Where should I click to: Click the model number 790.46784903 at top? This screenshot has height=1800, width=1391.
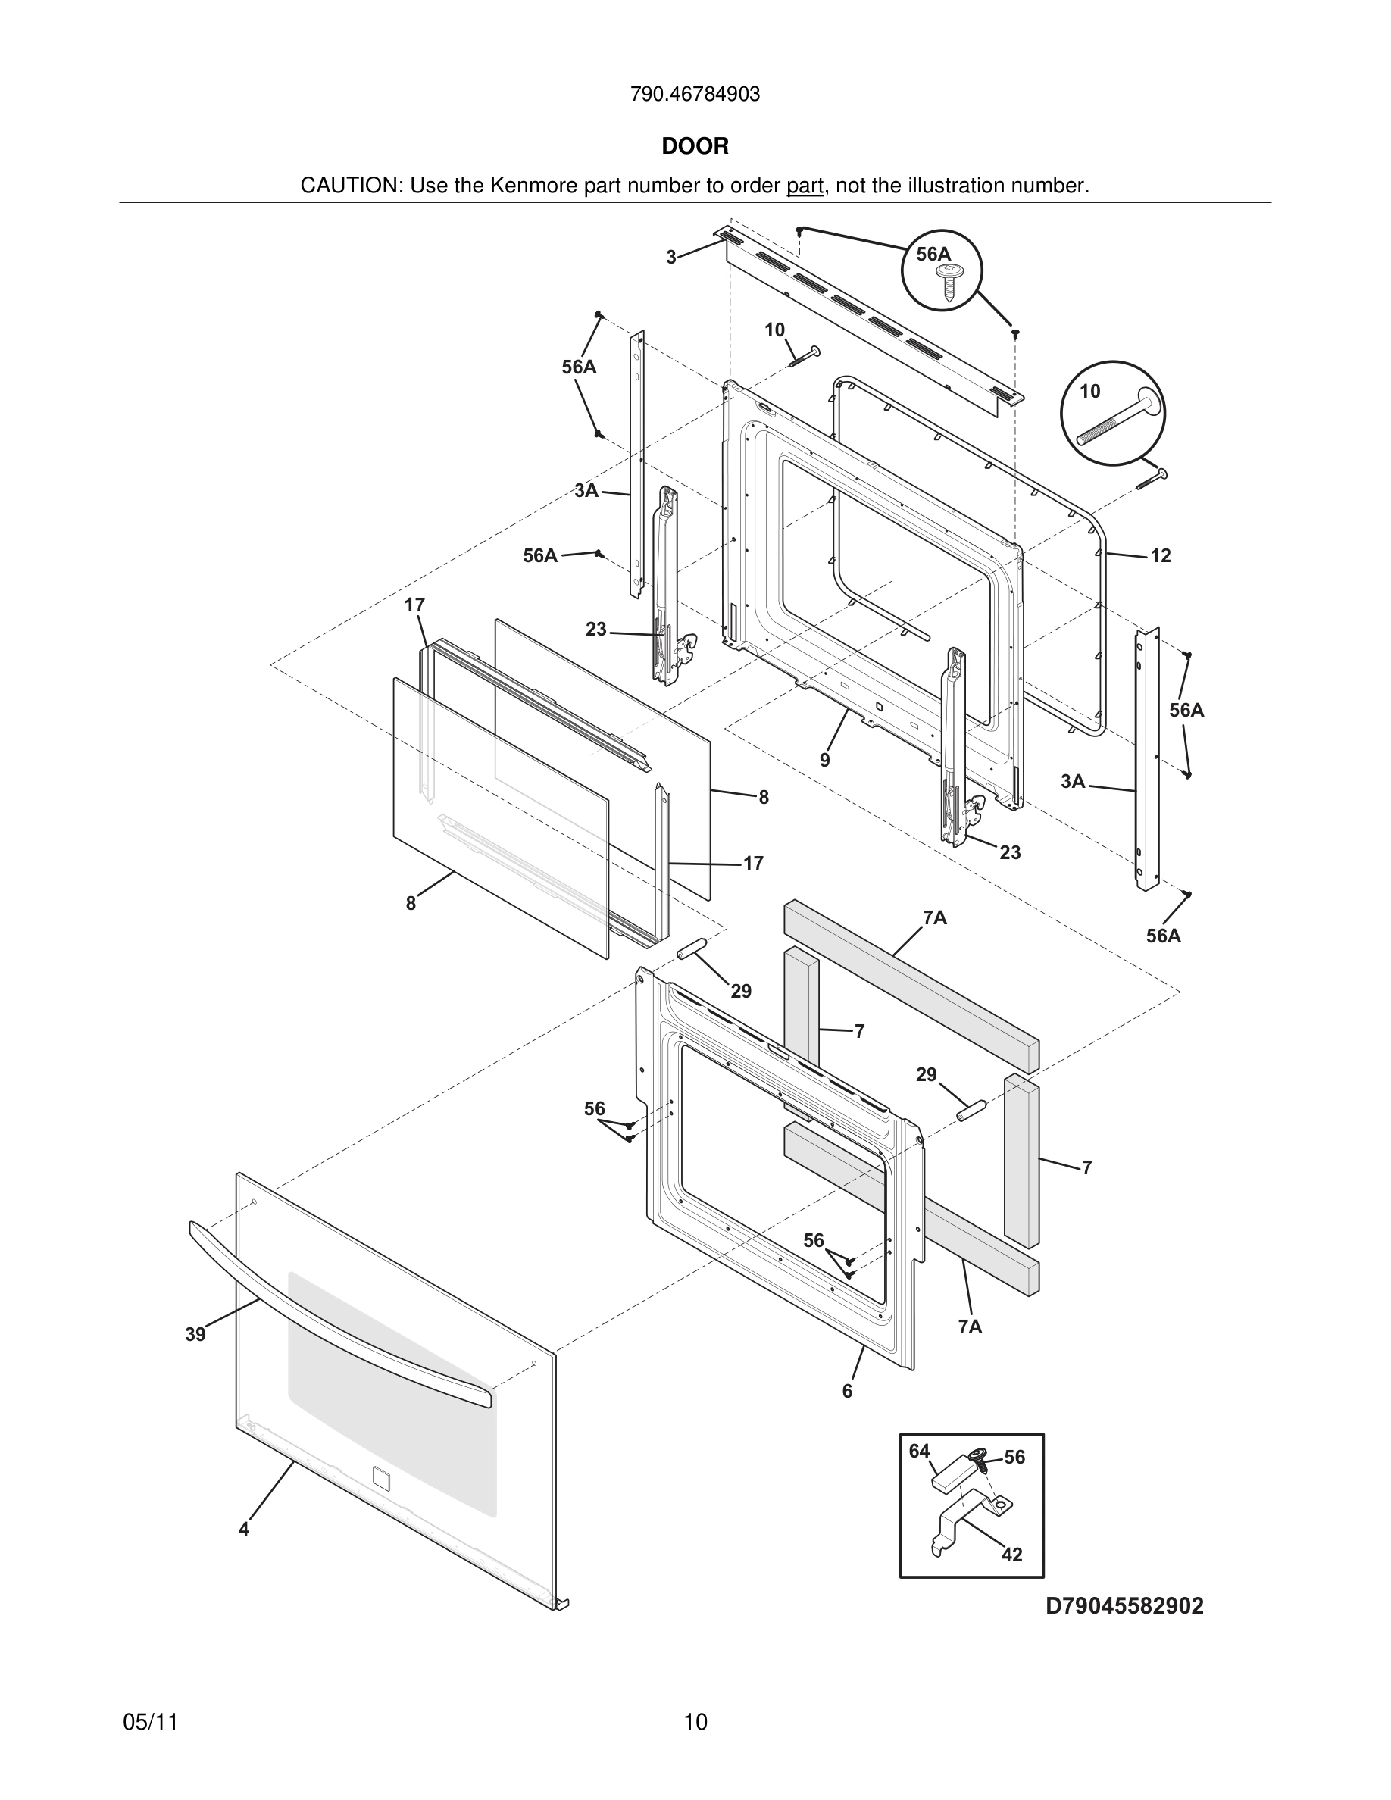click(x=695, y=95)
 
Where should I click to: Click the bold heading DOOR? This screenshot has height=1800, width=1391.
click(x=695, y=147)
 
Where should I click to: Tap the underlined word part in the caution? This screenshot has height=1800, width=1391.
click(x=805, y=186)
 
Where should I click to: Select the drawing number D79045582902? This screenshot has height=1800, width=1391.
click(x=1124, y=1606)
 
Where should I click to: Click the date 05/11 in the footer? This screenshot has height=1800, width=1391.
click(x=150, y=1723)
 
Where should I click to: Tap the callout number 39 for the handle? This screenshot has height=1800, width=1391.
click(x=195, y=1334)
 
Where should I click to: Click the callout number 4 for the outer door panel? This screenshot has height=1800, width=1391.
click(x=244, y=1529)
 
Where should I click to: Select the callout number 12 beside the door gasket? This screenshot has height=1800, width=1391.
click(x=1160, y=556)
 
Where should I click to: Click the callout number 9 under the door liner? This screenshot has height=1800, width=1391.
click(x=825, y=760)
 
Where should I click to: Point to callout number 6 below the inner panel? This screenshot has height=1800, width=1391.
click(x=847, y=1391)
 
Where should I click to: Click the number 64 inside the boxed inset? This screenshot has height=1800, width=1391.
click(x=919, y=1452)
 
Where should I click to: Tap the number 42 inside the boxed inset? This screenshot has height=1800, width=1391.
click(x=1011, y=1555)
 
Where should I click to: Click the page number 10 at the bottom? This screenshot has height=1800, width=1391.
click(x=695, y=1723)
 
